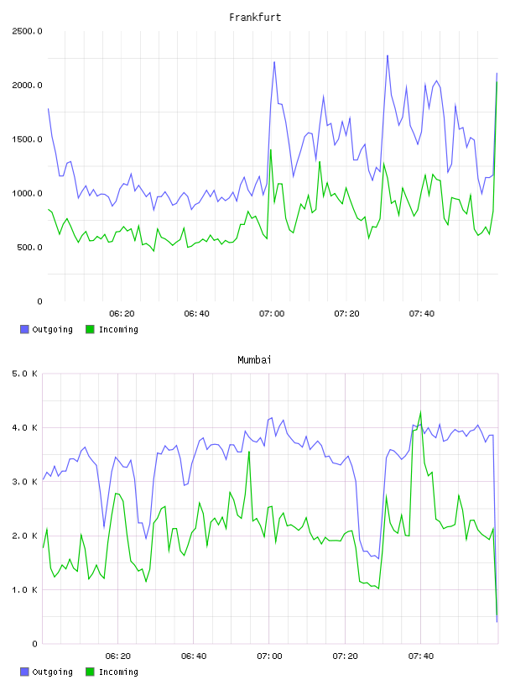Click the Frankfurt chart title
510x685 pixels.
(x=255, y=18)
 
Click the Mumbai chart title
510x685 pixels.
(x=254, y=360)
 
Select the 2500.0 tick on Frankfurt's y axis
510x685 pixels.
(x=27, y=31)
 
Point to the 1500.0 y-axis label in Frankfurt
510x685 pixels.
(x=27, y=139)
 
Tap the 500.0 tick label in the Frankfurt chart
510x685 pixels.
(x=29, y=248)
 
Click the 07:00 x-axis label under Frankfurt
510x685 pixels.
(x=272, y=314)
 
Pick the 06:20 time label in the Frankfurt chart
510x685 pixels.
(x=122, y=314)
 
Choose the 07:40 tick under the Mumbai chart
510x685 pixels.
(x=421, y=656)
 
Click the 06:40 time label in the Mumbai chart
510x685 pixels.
(x=194, y=656)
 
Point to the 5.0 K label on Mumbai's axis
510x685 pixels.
(x=24, y=374)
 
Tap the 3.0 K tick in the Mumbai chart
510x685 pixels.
(x=24, y=482)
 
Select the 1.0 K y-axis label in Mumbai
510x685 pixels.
(x=24, y=590)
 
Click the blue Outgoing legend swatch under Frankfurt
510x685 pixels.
(x=24, y=329)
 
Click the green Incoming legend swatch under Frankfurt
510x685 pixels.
(x=90, y=329)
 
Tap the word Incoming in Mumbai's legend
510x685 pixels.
(x=118, y=672)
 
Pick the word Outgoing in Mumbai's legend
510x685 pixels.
(x=52, y=672)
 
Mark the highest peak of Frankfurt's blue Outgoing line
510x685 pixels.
(x=388, y=55)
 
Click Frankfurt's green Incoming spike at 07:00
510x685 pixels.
(x=271, y=149)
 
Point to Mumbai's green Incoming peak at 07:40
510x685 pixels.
(x=420, y=411)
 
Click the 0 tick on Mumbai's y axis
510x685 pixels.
(x=35, y=644)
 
